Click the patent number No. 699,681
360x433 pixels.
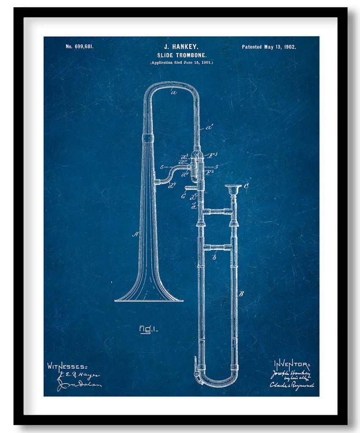[x=79, y=47]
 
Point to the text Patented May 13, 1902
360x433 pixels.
[x=269, y=47]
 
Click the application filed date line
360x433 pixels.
[x=181, y=63]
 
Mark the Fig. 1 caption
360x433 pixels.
[x=148, y=329]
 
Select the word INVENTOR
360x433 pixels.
[x=291, y=363]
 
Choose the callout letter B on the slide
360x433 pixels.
[x=241, y=293]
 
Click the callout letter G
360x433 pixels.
[x=183, y=195]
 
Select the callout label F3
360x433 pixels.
[x=214, y=155]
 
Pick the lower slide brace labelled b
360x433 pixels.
[x=217, y=247]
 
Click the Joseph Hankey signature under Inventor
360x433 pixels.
[x=291, y=373]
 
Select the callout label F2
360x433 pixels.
[x=210, y=173]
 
